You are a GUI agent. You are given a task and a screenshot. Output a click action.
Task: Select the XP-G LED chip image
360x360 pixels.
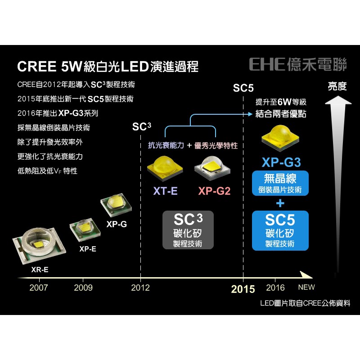click(116, 205)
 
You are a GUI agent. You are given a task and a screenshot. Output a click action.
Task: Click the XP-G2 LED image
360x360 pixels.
click(213, 167)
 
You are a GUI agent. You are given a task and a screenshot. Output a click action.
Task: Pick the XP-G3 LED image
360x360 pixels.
click(280, 137)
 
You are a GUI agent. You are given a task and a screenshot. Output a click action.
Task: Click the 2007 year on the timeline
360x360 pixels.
click(38, 288)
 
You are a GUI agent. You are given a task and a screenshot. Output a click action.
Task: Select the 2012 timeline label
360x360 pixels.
click(140, 288)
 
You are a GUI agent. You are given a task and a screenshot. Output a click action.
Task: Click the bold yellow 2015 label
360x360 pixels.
click(243, 289)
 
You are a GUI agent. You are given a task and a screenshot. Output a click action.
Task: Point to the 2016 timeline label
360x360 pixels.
click(275, 288)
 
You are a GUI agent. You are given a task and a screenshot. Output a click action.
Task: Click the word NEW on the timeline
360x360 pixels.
click(306, 288)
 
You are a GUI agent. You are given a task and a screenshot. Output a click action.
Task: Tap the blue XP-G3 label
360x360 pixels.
click(280, 162)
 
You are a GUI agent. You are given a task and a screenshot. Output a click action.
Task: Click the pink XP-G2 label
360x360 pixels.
click(214, 191)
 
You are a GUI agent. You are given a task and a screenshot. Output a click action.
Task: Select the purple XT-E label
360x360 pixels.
click(165, 191)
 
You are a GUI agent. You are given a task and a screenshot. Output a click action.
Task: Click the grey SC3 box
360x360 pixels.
click(188, 230)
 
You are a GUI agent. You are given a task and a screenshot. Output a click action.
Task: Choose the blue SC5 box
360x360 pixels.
click(280, 230)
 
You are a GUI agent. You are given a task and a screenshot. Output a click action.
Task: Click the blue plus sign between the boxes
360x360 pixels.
click(280, 203)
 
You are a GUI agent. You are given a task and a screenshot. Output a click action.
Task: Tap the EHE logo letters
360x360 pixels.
click(267, 64)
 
